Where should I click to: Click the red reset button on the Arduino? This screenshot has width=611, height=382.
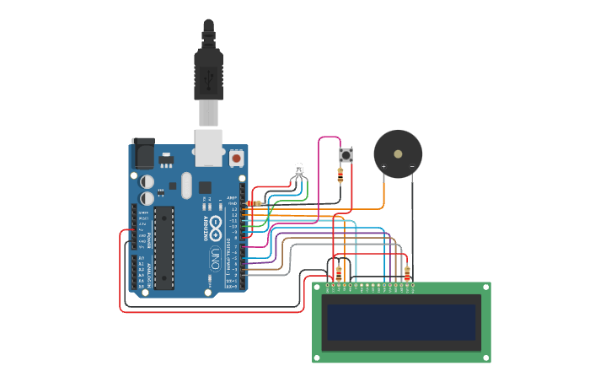click(237, 158)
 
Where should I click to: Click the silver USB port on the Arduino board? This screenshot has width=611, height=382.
click(208, 145)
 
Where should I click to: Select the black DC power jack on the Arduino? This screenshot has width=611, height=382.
click(144, 155)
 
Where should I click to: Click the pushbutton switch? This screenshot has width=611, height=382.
click(345, 155)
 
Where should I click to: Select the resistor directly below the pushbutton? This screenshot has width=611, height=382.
click(340, 175)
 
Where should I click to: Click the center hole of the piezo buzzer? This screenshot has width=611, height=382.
click(398, 154)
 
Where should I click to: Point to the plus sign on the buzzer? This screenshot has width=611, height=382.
click(384, 167)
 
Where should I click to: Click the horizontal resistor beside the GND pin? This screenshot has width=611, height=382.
click(254, 203)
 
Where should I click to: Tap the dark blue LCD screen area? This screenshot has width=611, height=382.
click(401, 322)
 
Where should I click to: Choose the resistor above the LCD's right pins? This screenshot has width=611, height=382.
click(407, 273)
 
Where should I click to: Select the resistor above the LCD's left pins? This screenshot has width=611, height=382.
click(339, 273)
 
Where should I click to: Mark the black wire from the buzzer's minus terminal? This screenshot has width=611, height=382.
click(412, 219)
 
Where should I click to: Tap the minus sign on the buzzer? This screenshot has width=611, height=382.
click(412, 167)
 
